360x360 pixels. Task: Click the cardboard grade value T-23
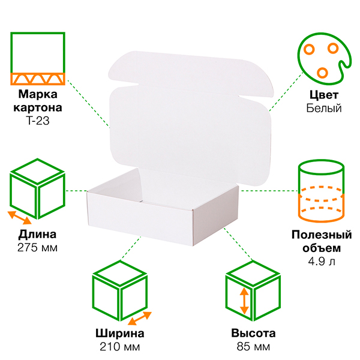(38, 121)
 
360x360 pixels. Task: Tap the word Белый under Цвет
(324, 109)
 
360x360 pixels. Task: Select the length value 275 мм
(37, 248)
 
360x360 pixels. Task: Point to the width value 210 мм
(119, 347)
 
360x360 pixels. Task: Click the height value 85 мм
(253, 347)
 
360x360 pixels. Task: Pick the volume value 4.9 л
(322, 261)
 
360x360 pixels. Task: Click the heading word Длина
(37, 235)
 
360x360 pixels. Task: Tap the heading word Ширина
(119, 333)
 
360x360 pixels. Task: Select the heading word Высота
(253, 333)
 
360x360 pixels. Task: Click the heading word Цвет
(324, 95)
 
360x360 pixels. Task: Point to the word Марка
(38, 94)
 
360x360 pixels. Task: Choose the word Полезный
(322, 235)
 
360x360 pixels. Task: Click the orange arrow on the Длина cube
(20, 218)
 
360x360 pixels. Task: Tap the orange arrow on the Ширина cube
(140, 318)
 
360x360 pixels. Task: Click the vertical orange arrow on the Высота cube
(244, 301)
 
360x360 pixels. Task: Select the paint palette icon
(325, 59)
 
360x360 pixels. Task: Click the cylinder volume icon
(321, 191)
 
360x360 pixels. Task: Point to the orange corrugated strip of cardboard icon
(38, 79)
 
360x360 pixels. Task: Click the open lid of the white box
(191, 119)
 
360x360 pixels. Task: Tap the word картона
(38, 107)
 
